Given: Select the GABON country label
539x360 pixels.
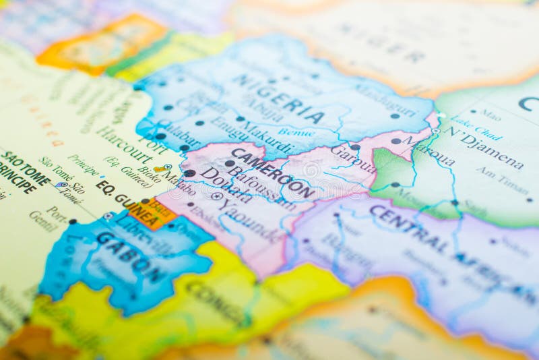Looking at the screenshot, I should [129, 256].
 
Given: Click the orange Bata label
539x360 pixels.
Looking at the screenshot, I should [160, 207].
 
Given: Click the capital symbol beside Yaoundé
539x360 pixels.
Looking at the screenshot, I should [216, 197].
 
